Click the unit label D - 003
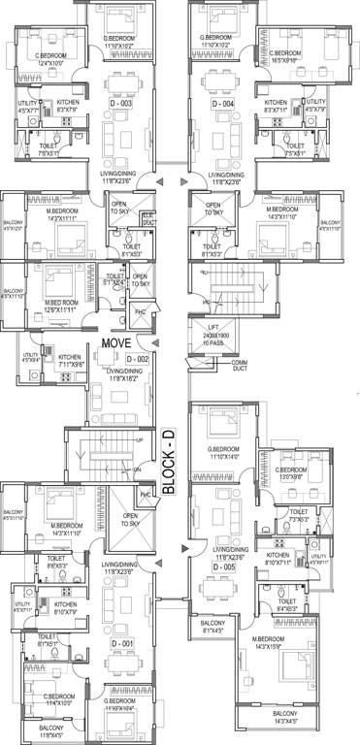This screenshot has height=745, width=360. (x=119, y=103)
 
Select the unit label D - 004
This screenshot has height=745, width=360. (x=224, y=103)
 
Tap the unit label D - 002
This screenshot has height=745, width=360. (x=136, y=359)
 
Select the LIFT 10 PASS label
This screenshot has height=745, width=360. (x=215, y=338)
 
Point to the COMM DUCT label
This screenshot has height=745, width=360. (x=239, y=366)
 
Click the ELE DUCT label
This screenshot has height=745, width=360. (x=147, y=218)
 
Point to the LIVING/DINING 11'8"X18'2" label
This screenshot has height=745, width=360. (x=122, y=375)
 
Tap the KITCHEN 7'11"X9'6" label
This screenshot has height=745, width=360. (x=72, y=362)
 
